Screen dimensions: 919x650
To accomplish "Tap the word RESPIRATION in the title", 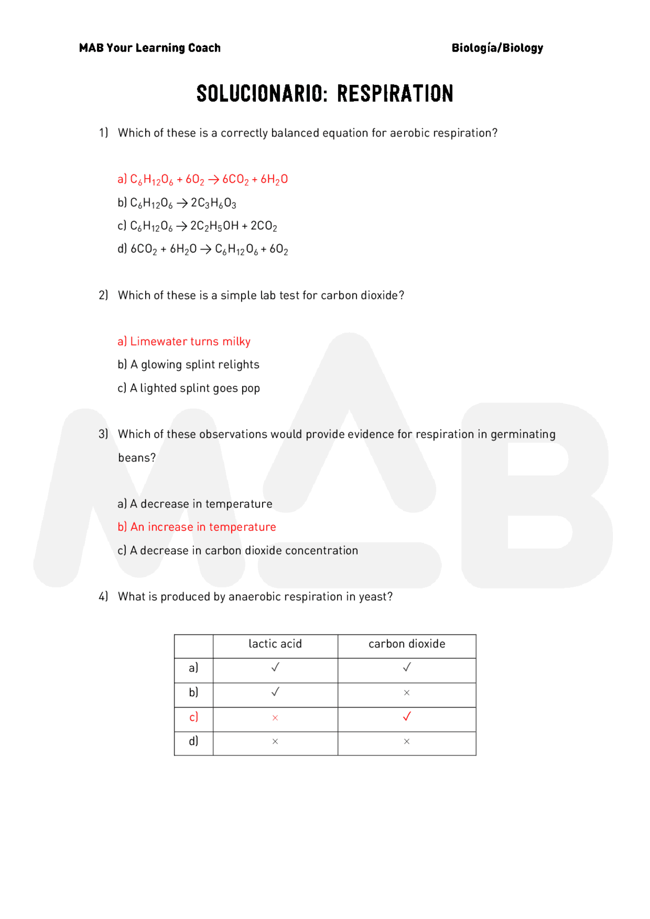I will [x=395, y=94].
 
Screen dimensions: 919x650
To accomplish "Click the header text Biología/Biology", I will [x=497, y=48].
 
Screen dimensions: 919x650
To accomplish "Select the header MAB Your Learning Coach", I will [x=150, y=48].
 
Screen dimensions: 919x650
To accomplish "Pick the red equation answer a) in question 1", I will [x=202, y=179].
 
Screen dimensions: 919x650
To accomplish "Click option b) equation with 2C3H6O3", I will [x=177, y=203].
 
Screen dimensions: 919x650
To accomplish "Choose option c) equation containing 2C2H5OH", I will [x=197, y=226].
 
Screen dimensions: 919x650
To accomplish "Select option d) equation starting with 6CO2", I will [x=203, y=249].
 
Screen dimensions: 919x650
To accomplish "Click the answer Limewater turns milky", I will [x=184, y=342].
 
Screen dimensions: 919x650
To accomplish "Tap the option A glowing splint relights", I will [x=188, y=364].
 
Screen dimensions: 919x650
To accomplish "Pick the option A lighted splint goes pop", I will [x=188, y=388].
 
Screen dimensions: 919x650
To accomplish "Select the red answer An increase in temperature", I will [x=197, y=527].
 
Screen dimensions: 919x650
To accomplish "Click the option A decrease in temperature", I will [x=194, y=504].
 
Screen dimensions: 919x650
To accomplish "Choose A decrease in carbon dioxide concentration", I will [x=238, y=551].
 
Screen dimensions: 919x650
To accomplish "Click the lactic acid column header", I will [x=275, y=644].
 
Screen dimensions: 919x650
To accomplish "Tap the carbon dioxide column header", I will [x=407, y=644].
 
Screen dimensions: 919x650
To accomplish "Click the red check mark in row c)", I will [x=407, y=717].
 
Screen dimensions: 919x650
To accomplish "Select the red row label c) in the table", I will [x=193, y=717].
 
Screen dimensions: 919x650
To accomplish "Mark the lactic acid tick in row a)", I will [x=275, y=667].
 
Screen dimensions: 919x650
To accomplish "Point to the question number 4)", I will [x=104, y=596].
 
